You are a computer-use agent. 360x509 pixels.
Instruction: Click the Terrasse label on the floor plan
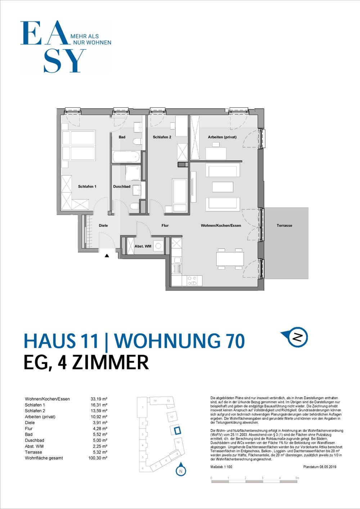point(284,225)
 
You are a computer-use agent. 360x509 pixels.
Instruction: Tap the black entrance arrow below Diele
point(107,256)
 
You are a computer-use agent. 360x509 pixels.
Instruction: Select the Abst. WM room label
point(143,246)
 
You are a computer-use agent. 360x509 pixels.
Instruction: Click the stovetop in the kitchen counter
point(193,281)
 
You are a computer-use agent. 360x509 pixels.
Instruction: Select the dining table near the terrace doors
point(230,258)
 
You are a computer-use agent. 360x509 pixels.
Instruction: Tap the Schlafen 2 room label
point(162,137)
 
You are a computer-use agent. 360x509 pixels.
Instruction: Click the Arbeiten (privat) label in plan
point(222,137)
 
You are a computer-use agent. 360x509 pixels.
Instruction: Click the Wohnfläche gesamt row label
point(44,458)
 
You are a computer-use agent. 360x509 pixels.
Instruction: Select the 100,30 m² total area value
point(98,458)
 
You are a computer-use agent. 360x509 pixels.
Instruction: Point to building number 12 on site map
point(172,417)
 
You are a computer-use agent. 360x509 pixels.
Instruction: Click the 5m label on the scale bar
point(297,478)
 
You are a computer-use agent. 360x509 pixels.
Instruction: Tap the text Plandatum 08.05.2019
point(319,467)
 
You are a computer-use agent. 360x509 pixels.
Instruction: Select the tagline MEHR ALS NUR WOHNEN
point(91,39)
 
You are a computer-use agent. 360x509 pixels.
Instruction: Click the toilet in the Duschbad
point(134,206)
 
